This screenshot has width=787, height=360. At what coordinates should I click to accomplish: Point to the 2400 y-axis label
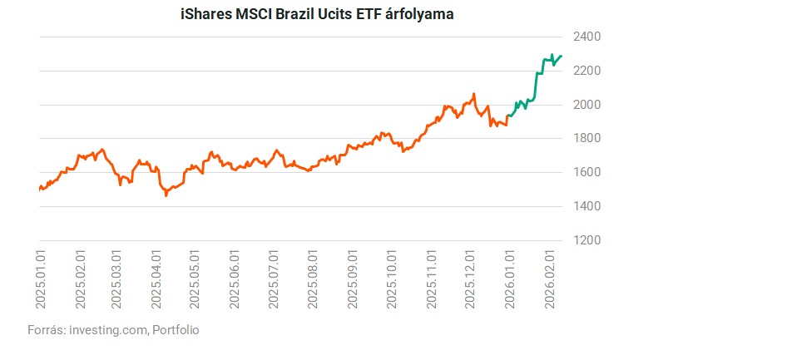click(x=587, y=37)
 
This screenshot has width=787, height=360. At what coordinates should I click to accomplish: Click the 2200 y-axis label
click(x=587, y=71)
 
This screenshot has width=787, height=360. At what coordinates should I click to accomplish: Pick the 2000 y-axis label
click(x=587, y=105)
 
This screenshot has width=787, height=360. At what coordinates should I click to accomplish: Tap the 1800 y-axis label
click(x=587, y=138)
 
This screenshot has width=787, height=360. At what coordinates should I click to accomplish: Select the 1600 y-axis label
click(x=587, y=172)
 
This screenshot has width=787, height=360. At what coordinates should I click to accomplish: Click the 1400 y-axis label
click(x=587, y=206)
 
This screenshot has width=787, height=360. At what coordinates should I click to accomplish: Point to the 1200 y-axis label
click(x=587, y=240)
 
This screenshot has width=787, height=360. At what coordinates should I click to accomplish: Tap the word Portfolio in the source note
click(x=176, y=330)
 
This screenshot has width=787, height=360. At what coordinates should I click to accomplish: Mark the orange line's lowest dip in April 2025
click(x=166, y=195)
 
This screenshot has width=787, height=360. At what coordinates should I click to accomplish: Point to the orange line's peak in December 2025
click(x=473, y=94)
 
